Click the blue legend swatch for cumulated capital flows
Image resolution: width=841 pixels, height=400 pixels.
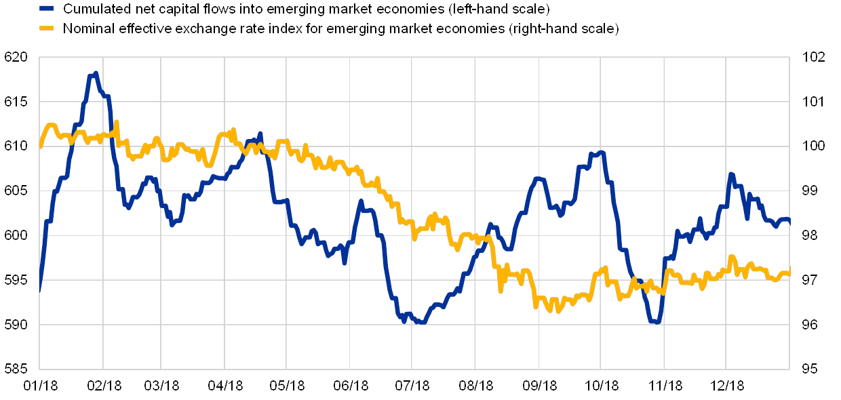pyautogui.click(x=46, y=9)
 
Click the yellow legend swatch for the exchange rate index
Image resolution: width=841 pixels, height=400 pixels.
pyautogui.click(x=46, y=28)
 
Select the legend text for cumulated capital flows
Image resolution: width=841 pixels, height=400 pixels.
pyautogui.click(x=305, y=9)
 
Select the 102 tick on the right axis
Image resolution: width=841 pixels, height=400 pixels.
pyautogui.click(x=812, y=57)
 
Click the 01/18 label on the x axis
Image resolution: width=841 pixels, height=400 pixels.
pyautogui.click(x=40, y=386)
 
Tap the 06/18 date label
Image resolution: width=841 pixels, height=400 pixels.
pyautogui.click(x=350, y=386)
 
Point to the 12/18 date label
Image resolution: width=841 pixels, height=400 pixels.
pyautogui.click(x=727, y=386)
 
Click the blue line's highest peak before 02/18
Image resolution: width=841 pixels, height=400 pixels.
pyautogui.click(x=96, y=73)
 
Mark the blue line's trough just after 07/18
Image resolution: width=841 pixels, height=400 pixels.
pyautogui.click(x=421, y=323)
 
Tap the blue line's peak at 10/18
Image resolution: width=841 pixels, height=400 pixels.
pyautogui.click(x=601, y=153)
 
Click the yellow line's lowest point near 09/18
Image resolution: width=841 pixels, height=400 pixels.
pyautogui.click(x=558, y=311)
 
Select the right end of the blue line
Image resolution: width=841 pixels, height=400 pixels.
pyautogui.click(x=789, y=222)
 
